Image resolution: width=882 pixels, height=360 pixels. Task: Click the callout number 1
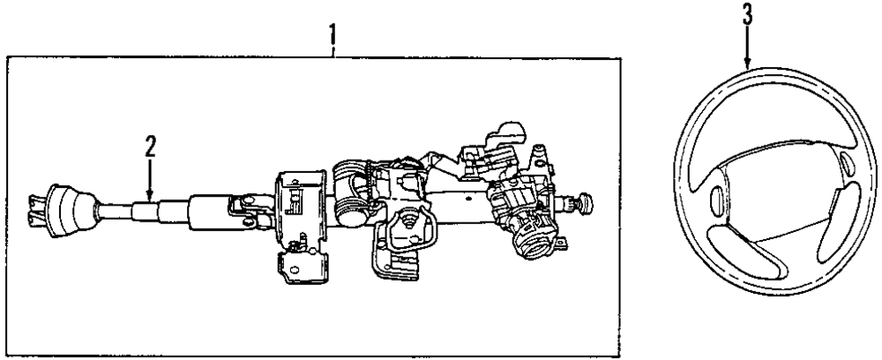(333, 36)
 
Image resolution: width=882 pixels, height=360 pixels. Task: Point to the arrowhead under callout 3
(747, 66)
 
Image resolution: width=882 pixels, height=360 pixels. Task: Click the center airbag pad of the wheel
(777, 181)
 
